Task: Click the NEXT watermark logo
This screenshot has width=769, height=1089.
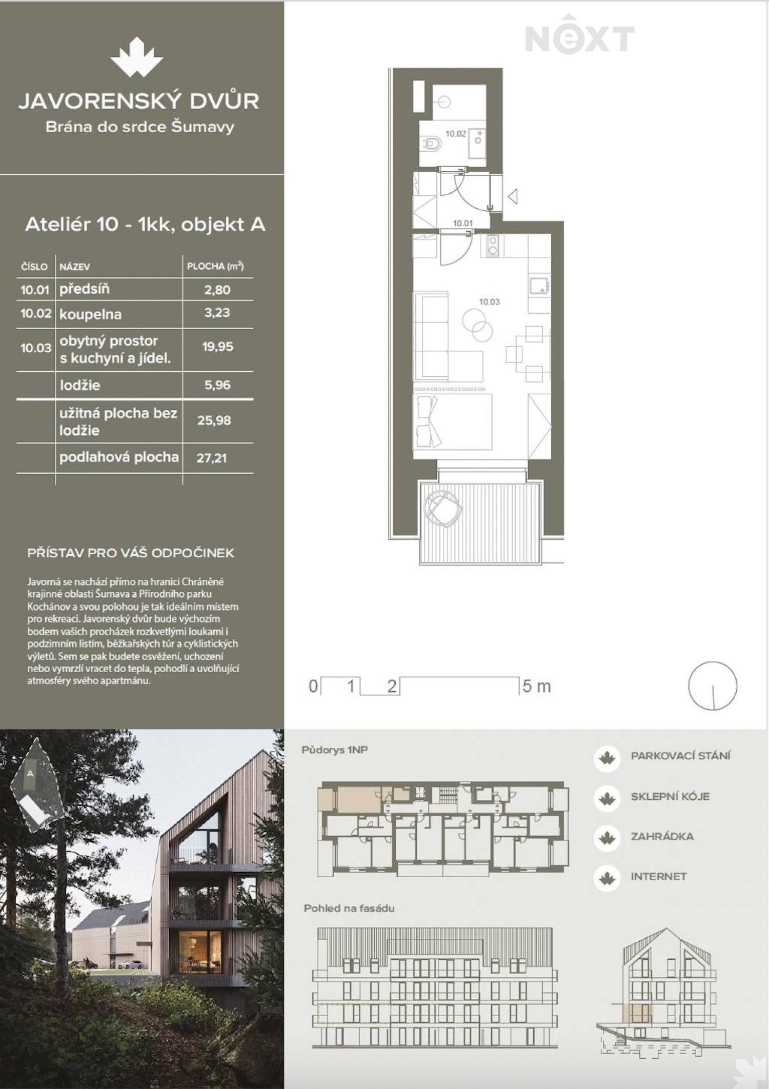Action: click(580, 35)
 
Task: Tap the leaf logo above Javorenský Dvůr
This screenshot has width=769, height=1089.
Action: click(137, 57)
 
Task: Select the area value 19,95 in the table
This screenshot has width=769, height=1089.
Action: click(217, 347)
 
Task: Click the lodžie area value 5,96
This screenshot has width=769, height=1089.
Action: click(217, 385)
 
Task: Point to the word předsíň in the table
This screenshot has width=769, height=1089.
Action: click(85, 289)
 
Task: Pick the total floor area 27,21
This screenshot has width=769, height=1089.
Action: click(211, 458)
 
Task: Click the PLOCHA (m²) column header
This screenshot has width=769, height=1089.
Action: click(215, 266)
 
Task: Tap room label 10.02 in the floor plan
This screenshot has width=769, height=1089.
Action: click(456, 134)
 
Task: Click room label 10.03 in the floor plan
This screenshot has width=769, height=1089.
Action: click(489, 301)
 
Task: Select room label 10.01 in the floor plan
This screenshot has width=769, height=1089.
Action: click(462, 223)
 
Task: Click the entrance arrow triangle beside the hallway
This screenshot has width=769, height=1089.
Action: click(513, 196)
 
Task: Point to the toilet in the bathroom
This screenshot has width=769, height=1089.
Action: click(431, 144)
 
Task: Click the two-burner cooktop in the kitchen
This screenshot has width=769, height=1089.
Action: click(493, 246)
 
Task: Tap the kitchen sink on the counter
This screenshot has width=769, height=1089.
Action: click(539, 286)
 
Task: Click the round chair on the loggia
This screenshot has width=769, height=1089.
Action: click(442, 508)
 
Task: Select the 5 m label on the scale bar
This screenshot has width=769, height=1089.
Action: click(537, 686)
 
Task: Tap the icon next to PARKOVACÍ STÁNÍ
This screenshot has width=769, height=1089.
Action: click(607, 757)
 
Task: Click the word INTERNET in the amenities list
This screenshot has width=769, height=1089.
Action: click(659, 876)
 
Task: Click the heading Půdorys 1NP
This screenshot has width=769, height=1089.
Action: click(335, 750)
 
